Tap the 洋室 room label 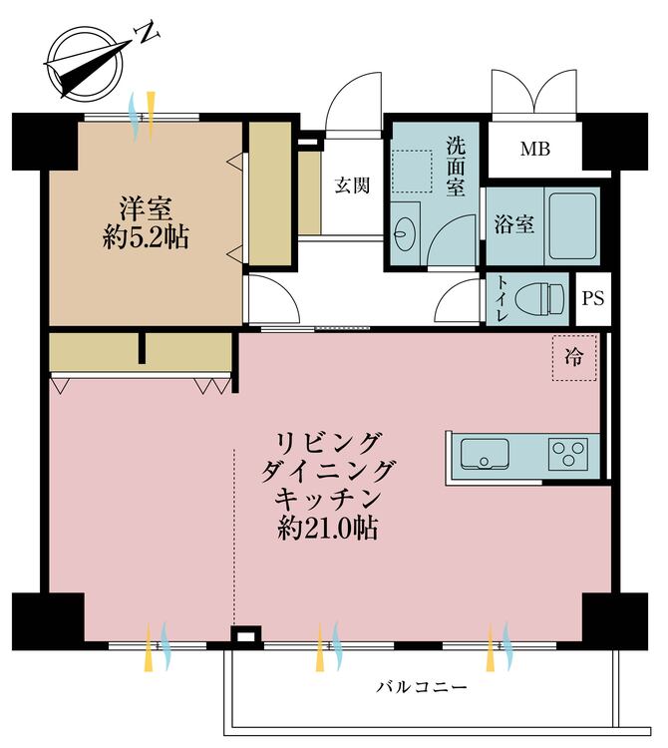[x=146, y=210]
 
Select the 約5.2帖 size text [x=146, y=238]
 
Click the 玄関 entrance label [x=352, y=186]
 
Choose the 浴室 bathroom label [x=514, y=224]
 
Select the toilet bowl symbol [x=538, y=296]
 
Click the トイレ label [x=501, y=297]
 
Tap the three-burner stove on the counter [x=569, y=456]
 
